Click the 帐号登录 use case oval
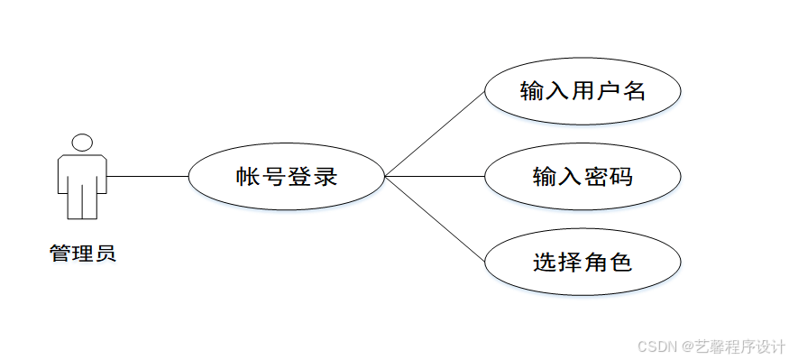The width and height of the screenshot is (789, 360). coord(286,177)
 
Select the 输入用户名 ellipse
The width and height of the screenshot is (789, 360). coord(583,91)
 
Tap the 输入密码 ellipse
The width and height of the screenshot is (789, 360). coord(583,176)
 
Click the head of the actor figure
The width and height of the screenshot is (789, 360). coord(82,143)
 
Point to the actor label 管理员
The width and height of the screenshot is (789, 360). coord(82,254)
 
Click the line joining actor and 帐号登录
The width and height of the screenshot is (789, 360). coord(147,176)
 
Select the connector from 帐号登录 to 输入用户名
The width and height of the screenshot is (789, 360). coord(435,132)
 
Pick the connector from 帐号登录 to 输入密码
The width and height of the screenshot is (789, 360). coord(435,176)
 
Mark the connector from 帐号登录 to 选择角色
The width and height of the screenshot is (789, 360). coord(435,219)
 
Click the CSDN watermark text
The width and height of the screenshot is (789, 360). coord(656,346)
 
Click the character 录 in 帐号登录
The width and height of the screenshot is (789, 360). coord(326,177)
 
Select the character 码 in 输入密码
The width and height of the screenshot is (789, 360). coord(621,176)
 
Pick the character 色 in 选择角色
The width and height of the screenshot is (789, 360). coord(621,263)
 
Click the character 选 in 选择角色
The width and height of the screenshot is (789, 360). coord(545,263)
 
